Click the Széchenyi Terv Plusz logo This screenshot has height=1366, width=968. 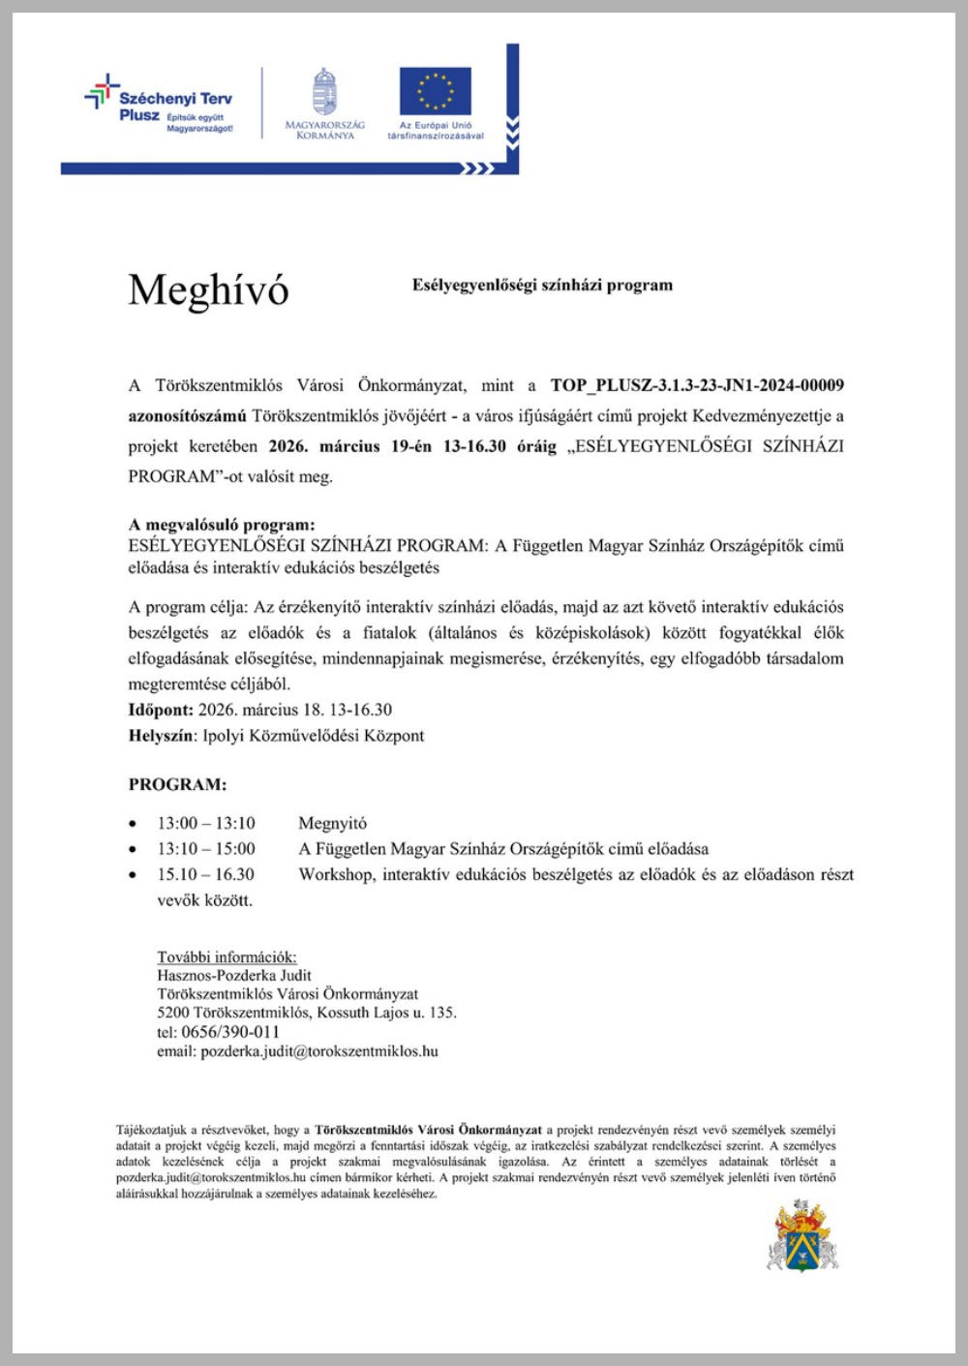(160, 105)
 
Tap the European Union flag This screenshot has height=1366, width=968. (436, 91)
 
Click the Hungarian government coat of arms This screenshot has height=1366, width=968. (325, 93)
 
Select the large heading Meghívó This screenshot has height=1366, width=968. (208, 289)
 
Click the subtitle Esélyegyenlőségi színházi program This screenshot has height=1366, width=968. (542, 285)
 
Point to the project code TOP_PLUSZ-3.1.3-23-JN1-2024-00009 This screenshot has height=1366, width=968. (697, 385)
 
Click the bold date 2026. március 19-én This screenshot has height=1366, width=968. (349, 446)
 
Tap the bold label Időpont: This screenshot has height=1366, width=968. (161, 710)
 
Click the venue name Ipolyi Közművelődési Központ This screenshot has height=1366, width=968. (314, 736)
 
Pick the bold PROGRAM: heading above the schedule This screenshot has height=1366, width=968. (177, 784)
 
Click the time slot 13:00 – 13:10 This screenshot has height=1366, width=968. (206, 824)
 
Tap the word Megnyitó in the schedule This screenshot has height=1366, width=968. (332, 824)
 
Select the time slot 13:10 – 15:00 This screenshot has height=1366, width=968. (206, 849)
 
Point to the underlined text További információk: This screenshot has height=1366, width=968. (227, 957)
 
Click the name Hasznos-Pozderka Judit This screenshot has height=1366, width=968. (234, 976)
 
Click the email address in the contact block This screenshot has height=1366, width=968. (318, 1051)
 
